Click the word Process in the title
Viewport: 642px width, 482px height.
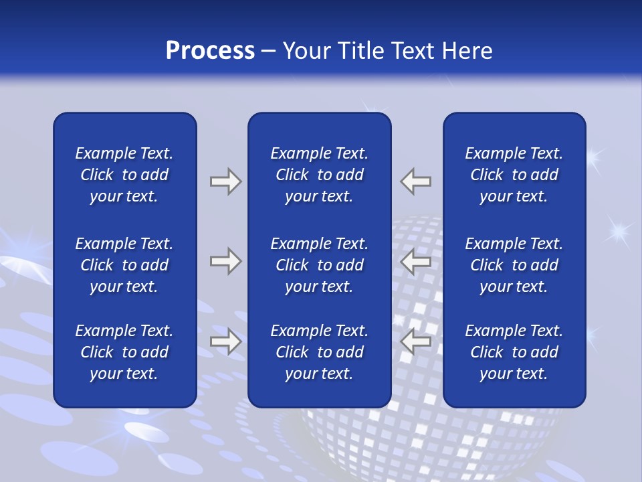pos(210,51)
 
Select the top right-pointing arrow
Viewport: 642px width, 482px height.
pos(225,181)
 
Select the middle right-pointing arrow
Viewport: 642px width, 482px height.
pos(225,261)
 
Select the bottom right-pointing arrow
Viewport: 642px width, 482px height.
pos(225,341)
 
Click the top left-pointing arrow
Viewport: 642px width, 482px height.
pos(415,181)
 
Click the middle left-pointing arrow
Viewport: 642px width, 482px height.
pos(415,261)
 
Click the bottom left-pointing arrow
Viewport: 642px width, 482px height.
pos(415,341)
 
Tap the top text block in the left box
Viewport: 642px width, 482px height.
pos(124,175)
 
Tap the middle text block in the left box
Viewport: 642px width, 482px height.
pos(124,265)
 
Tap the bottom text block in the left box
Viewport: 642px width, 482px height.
pos(124,352)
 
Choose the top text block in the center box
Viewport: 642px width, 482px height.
pos(319,175)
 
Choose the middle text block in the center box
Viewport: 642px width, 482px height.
pos(319,265)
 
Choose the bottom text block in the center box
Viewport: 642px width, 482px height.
pos(319,352)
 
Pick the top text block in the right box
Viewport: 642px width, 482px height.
pos(514,175)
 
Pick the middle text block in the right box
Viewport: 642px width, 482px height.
pos(514,265)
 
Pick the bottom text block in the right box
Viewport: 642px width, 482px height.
pos(514,352)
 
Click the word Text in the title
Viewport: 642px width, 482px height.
pos(413,51)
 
